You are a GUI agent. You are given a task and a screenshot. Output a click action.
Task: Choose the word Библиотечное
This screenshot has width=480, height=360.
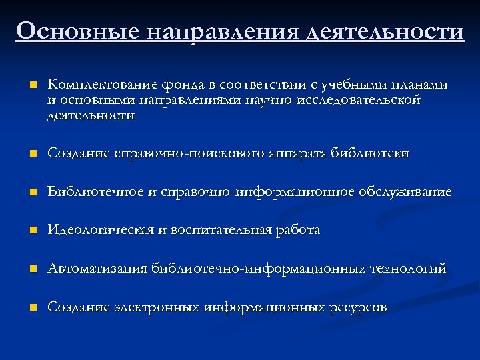[x=95, y=193]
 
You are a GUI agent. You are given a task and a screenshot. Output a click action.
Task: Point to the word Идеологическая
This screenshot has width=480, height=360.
[x=100, y=231]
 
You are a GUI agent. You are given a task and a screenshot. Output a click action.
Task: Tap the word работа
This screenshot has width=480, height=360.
[x=299, y=231]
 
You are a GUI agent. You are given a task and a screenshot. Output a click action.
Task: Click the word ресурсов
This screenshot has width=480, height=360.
[x=357, y=308]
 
